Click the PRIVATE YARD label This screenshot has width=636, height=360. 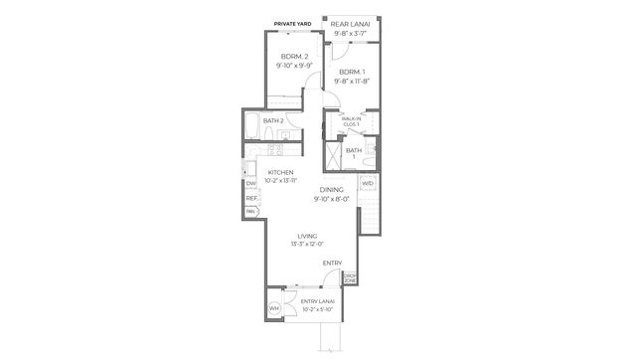(297, 21)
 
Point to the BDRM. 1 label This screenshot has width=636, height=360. (352, 73)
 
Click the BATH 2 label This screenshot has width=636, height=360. (274, 120)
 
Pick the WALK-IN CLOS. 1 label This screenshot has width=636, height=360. (351, 121)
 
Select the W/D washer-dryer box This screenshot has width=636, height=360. (368, 184)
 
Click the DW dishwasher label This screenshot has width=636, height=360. (251, 183)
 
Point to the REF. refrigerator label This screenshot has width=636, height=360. (251, 198)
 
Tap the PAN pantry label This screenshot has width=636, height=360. (251, 212)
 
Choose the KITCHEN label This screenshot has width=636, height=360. (280, 172)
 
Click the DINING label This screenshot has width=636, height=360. (332, 190)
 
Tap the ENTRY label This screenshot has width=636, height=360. (332, 263)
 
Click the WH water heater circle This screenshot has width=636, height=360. (274, 308)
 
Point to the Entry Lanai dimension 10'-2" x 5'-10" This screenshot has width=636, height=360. (318, 308)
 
